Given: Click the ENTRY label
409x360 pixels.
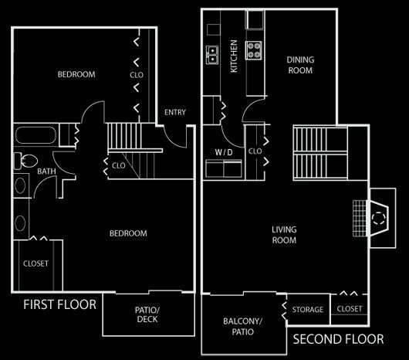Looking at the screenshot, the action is click(x=175, y=112).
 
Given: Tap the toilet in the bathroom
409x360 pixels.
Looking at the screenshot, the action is click(x=25, y=161).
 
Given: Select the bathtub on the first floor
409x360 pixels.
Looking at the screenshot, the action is click(x=35, y=135).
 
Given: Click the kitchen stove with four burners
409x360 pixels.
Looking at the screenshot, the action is click(x=254, y=50).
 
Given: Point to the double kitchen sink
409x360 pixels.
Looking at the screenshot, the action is click(x=212, y=55).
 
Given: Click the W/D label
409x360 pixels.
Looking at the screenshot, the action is click(x=224, y=152).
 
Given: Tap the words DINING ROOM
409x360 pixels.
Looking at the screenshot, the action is click(x=300, y=65).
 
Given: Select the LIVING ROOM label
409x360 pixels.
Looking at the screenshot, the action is click(x=284, y=235).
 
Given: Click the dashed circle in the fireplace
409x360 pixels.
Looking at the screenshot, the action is click(x=378, y=218).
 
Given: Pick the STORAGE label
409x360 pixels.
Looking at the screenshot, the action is click(x=308, y=310).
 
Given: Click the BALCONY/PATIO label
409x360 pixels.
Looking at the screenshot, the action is click(x=242, y=326).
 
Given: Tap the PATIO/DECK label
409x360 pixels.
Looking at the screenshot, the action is click(x=147, y=314).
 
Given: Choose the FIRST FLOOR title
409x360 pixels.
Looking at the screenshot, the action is click(x=59, y=304).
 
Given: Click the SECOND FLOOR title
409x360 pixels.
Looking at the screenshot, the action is click(x=338, y=339).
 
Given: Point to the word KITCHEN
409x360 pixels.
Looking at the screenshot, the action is click(x=234, y=56).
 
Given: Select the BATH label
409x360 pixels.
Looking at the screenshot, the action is click(x=46, y=172).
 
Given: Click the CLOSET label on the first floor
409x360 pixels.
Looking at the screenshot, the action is click(x=35, y=263).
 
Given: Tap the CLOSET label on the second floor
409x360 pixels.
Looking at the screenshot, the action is click(x=350, y=309).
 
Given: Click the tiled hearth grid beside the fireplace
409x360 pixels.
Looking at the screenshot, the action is click(x=360, y=219).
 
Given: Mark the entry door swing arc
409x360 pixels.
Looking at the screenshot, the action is click(x=172, y=140).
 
